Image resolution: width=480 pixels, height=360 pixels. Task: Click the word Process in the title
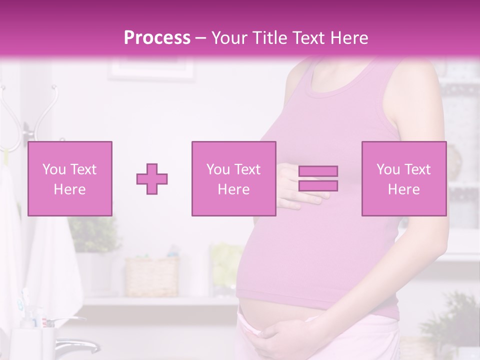[157, 38]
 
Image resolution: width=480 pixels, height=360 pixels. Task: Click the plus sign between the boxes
[152, 179]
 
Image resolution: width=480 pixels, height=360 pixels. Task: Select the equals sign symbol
[318, 178]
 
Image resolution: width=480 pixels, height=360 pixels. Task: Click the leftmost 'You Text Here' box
[70, 178]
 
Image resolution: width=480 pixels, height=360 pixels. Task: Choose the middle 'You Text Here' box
[234, 178]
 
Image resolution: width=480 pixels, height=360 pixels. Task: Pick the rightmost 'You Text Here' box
[404, 178]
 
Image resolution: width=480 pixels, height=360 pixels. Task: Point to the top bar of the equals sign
[318, 171]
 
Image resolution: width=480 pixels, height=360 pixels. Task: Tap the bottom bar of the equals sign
[318, 186]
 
